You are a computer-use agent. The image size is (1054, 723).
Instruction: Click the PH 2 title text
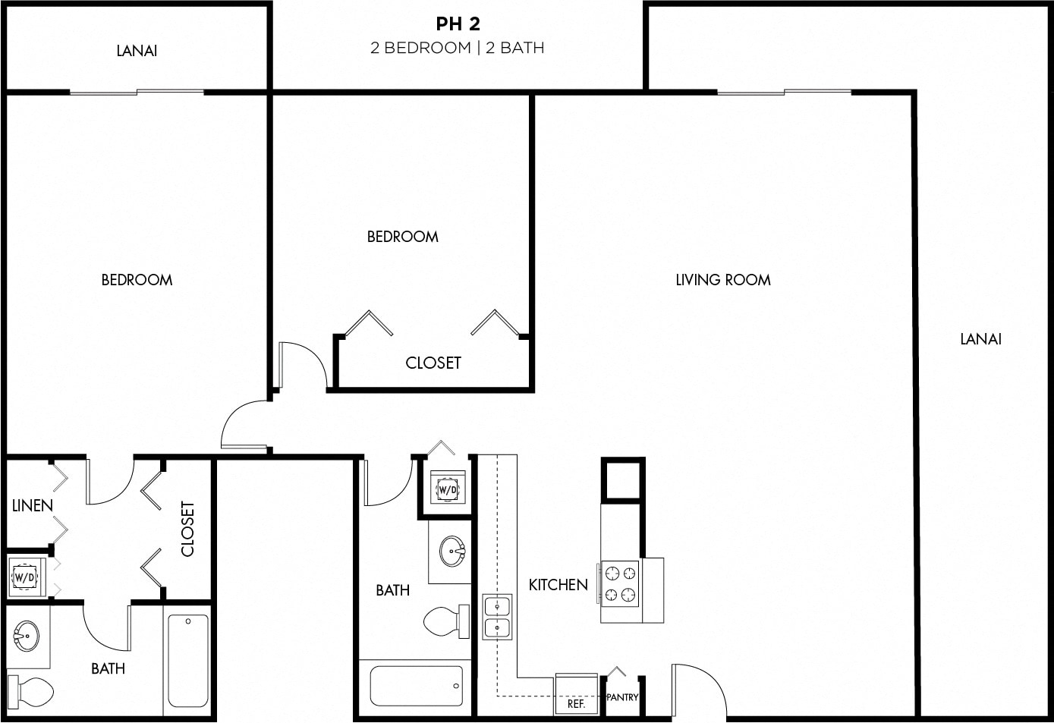458,24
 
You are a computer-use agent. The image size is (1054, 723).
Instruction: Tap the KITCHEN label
558,585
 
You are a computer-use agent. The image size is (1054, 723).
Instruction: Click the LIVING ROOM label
722,280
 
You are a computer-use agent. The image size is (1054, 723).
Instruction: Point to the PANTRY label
622,697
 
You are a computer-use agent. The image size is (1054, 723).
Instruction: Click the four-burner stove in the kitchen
620,583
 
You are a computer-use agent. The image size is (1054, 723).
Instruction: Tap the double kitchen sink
497,617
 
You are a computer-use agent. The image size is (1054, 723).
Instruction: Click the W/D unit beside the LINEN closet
25,577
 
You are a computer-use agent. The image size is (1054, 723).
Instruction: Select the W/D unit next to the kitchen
448,489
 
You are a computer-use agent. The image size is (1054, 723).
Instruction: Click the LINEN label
33,505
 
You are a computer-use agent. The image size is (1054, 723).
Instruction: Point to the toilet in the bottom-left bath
31,692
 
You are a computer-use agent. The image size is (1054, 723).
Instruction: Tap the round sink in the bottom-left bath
27,635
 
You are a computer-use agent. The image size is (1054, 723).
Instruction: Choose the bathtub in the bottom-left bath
187,661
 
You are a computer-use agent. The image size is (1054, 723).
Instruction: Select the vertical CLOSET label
187,529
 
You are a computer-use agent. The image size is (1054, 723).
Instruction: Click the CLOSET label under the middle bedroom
433,363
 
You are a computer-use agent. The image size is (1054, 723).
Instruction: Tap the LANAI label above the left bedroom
137,51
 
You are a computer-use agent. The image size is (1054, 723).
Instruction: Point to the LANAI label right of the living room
980,339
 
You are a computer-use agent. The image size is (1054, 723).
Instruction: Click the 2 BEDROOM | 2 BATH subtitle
458,48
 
